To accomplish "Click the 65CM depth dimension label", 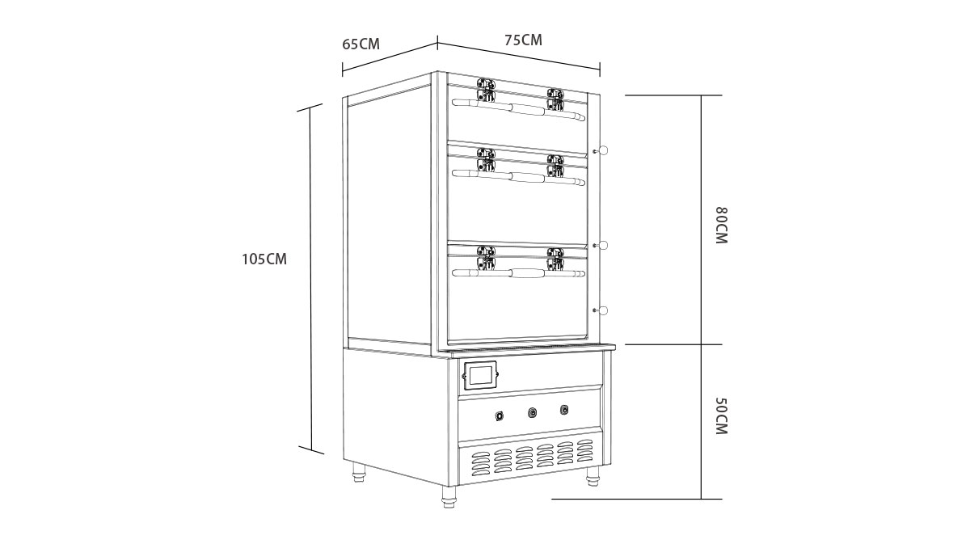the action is (361, 44).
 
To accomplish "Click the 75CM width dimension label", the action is (523, 40).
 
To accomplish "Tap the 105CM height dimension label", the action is (264, 259).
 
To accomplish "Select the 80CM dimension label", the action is (721, 226).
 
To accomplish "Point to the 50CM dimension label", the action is (721, 415).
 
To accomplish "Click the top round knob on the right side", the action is (601, 150).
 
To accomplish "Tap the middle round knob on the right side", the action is (601, 246).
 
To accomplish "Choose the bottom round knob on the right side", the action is (601, 310).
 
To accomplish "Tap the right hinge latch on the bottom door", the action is (555, 259).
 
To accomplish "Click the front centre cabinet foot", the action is (449, 496).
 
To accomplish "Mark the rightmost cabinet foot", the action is (593, 477).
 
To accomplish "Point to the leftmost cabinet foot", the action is (359, 472).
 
